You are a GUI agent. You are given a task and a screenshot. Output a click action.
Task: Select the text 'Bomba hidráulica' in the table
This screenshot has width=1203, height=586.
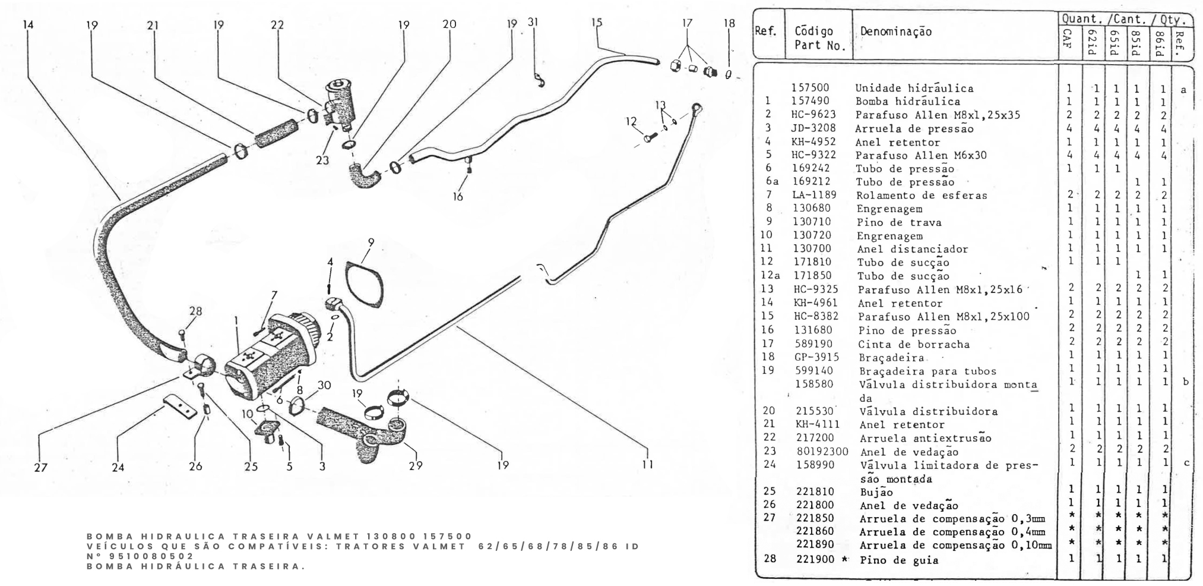tap(907, 102)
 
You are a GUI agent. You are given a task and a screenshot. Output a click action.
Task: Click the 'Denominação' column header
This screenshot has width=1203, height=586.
tap(895, 32)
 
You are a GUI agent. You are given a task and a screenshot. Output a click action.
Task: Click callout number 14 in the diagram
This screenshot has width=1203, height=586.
tap(28, 25)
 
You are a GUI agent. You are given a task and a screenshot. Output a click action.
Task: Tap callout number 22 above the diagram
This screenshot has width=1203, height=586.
tap(277, 25)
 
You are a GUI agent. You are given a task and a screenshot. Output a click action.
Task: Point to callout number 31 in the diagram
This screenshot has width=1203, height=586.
tap(533, 22)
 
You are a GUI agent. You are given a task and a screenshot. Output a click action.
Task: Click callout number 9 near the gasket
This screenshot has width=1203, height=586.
tap(371, 242)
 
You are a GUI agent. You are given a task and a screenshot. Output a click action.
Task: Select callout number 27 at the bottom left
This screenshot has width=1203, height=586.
tap(40, 467)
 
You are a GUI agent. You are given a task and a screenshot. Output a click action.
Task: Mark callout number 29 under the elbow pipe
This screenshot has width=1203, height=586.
tap(416, 466)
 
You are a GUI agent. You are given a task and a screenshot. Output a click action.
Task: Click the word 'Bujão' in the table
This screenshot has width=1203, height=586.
tap(876, 492)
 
